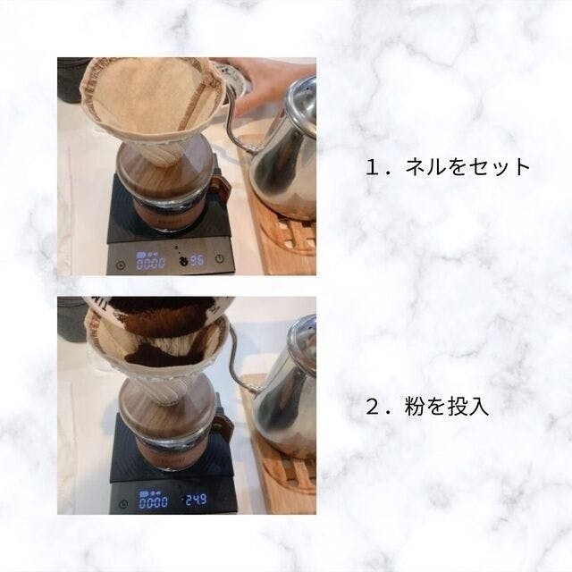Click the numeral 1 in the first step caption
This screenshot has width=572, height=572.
pos(373,167)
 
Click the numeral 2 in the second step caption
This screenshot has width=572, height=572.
pos(373,408)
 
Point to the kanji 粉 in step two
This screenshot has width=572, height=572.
pos(414,407)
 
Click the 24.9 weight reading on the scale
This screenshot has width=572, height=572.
pos(197,500)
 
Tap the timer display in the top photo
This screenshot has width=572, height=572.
pos(151,263)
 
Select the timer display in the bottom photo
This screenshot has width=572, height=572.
pos(153,502)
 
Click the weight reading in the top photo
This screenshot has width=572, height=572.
pos(197,260)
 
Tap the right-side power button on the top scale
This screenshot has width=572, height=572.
pos(219,258)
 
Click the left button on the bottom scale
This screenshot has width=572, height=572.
pos(124,504)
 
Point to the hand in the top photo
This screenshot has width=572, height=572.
pos(269,85)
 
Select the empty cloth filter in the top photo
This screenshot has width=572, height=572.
pos(151,109)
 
